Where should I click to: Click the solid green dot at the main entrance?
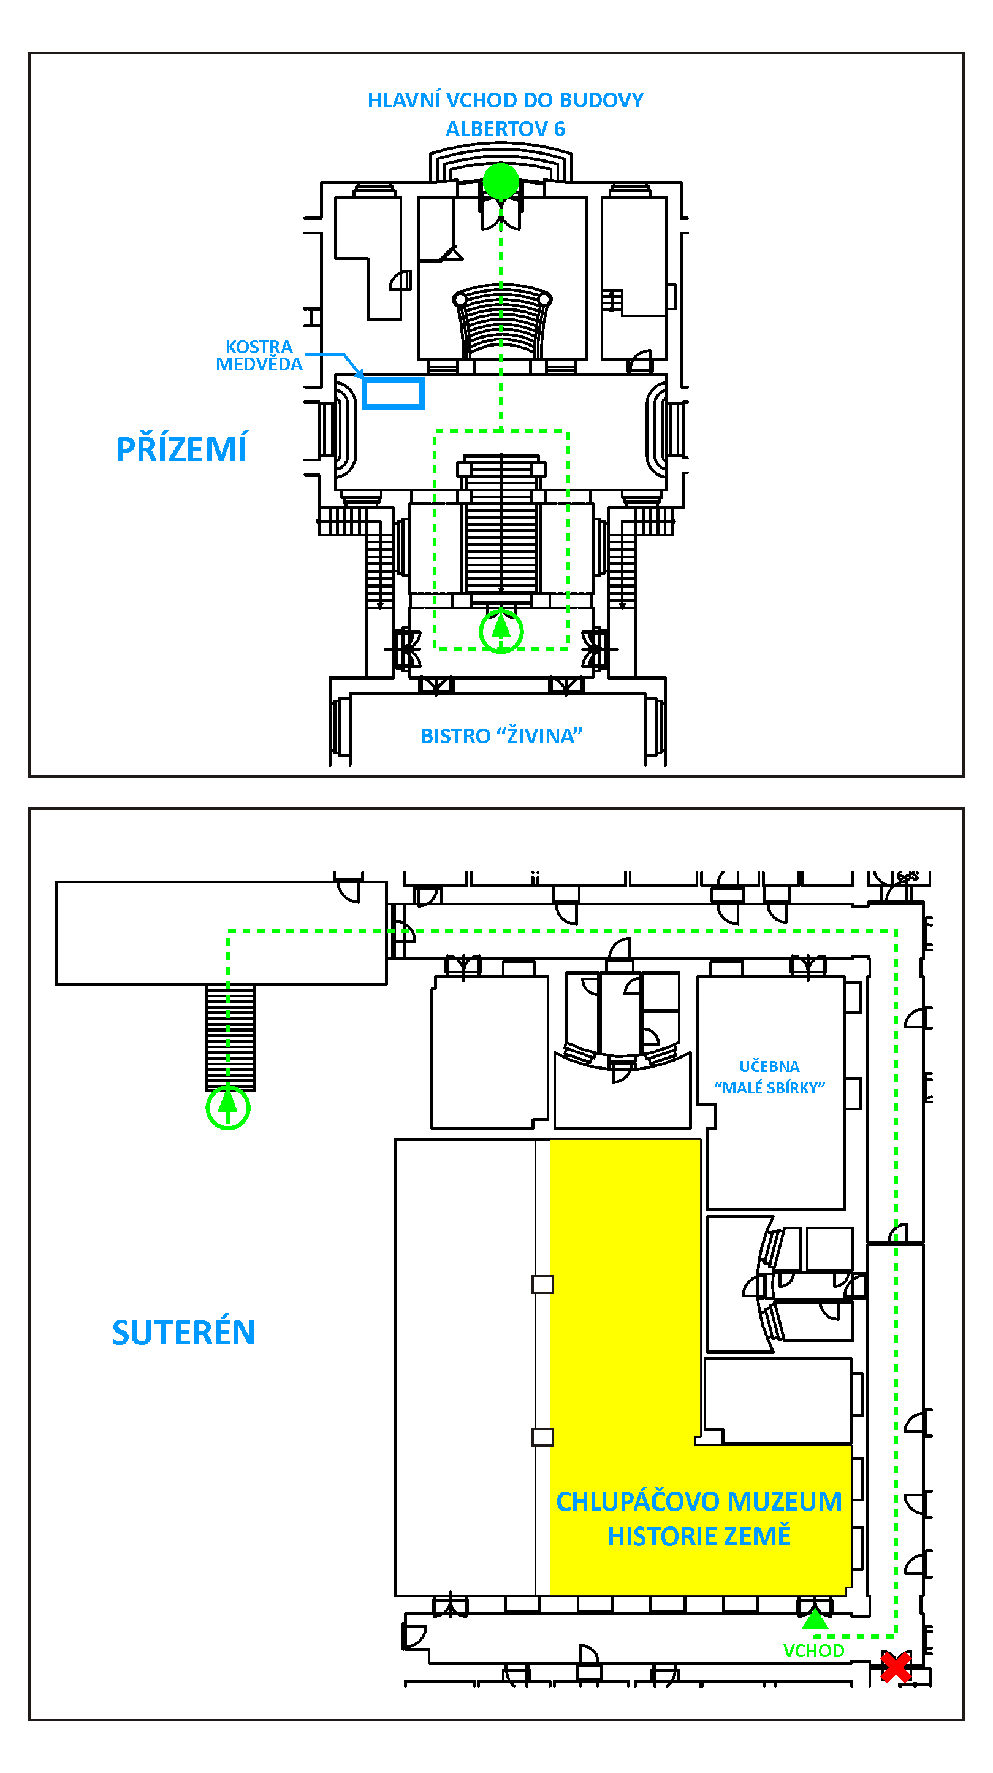click(x=500, y=182)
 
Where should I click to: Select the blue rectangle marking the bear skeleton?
click(x=392, y=393)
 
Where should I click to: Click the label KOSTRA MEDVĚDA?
click(x=259, y=355)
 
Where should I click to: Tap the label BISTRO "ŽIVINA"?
click(x=501, y=736)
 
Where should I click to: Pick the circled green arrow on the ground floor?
click(x=501, y=630)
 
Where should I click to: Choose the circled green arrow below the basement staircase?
click(x=228, y=1107)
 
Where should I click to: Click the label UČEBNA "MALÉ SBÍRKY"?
click(x=769, y=1076)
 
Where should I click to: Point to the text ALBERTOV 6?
click(x=505, y=129)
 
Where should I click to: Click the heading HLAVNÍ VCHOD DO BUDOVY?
click(x=505, y=100)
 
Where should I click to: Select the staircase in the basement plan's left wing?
click(x=230, y=1036)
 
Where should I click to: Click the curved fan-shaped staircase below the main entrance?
click(x=501, y=321)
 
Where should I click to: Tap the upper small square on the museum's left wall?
click(x=542, y=1284)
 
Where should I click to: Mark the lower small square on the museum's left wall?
click(x=542, y=1437)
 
